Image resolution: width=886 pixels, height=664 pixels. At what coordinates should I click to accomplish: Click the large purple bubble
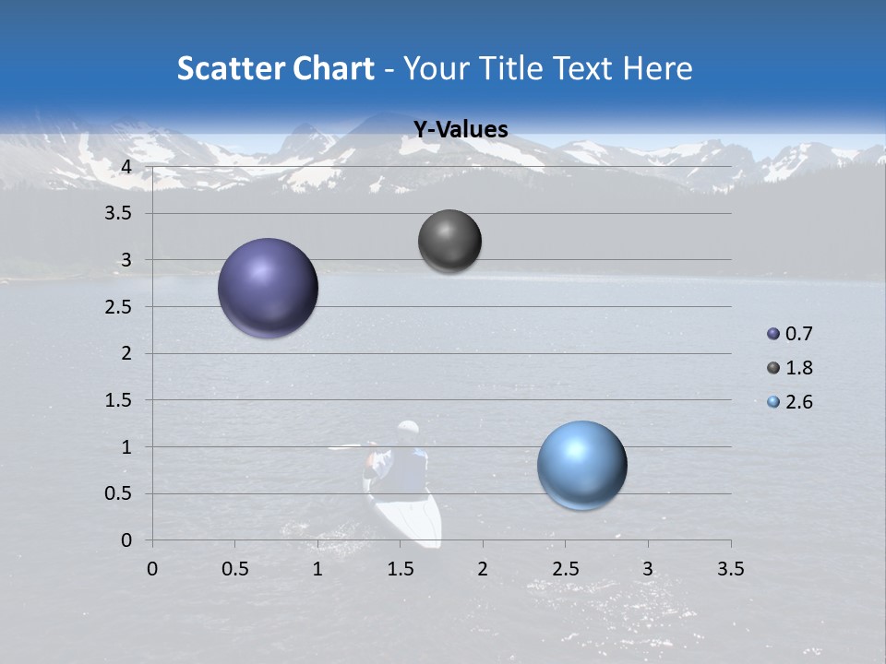pyautogui.click(x=269, y=288)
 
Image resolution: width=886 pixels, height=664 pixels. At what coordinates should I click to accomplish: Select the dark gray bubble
pyautogui.click(x=449, y=241)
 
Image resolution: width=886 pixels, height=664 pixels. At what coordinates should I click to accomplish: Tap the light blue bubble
pyautogui.click(x=582, y=465)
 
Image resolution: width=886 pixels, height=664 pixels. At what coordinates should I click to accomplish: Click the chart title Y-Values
pyautogui.click(x=460, y=130)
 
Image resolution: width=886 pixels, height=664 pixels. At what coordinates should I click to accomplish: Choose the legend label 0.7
pyautogui.click(x=799, y=334)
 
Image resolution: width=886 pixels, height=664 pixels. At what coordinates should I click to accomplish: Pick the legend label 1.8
pyautogui.click(x=799, y=368)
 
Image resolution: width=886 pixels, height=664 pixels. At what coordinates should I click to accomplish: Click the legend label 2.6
pyautogui.click(x=799, y=402)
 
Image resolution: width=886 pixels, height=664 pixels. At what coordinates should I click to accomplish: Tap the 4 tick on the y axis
pyautogui.click(x=126, y=167)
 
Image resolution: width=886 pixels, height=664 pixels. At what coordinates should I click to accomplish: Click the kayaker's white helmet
pyautogui.click(x=408, y=429)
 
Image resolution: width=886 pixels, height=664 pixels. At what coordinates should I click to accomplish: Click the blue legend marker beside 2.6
pyautogui.click(x=773, y=402)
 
